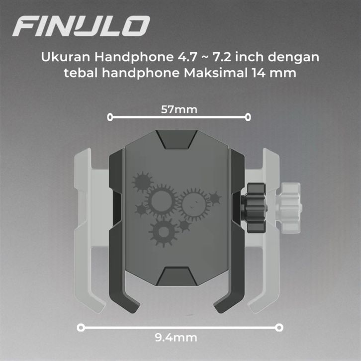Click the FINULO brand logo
(81, 26)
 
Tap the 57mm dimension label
(179, 109)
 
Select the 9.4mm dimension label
(176, 338)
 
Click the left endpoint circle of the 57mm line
(110, 117)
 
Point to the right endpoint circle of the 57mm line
(248, 117)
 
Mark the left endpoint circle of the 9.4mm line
(81, 327)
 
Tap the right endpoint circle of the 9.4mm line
(279, 327)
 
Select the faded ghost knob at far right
(289, 208)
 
